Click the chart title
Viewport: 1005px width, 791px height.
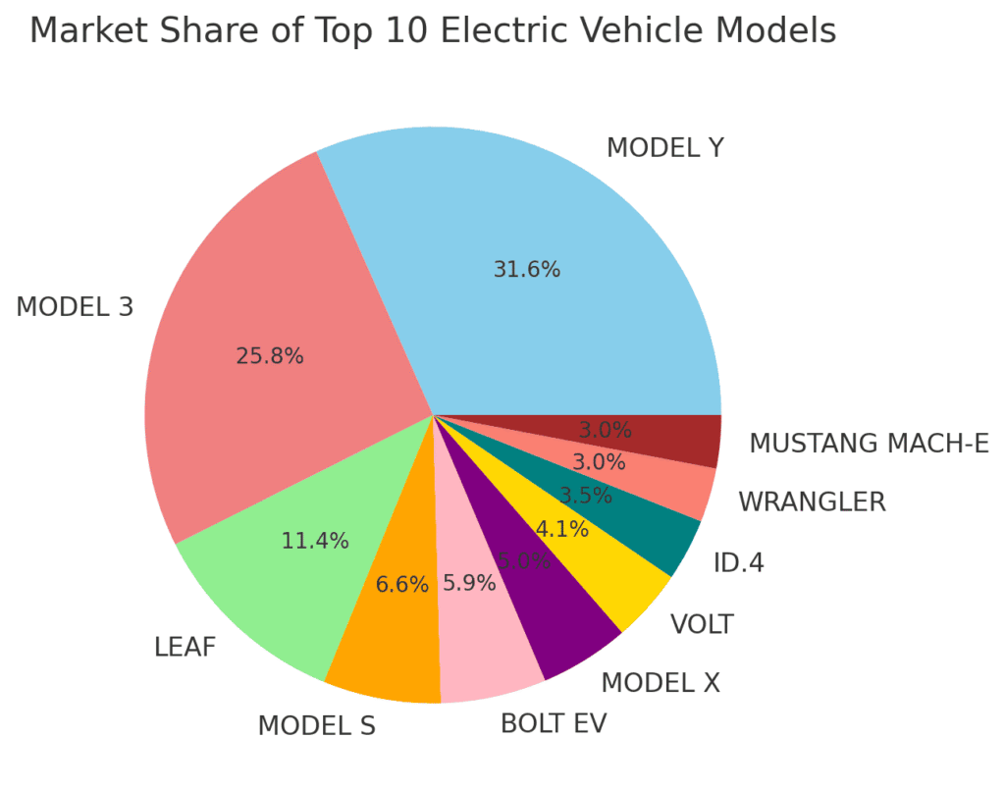433,31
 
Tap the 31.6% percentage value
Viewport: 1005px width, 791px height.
527,270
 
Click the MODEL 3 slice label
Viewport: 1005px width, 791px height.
75,307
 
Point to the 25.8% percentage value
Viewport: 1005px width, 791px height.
270,356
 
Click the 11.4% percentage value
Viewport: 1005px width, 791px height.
315,541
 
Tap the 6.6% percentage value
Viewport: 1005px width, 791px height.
402,585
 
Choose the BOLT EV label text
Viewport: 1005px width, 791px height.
554,724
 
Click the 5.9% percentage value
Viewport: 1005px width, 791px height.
469,583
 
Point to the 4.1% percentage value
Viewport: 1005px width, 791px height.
562,530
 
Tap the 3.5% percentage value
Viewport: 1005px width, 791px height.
586,496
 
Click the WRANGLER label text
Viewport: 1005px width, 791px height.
812,502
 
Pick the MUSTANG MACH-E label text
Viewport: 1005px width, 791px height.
869,444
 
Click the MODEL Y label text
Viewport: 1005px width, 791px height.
665,148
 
